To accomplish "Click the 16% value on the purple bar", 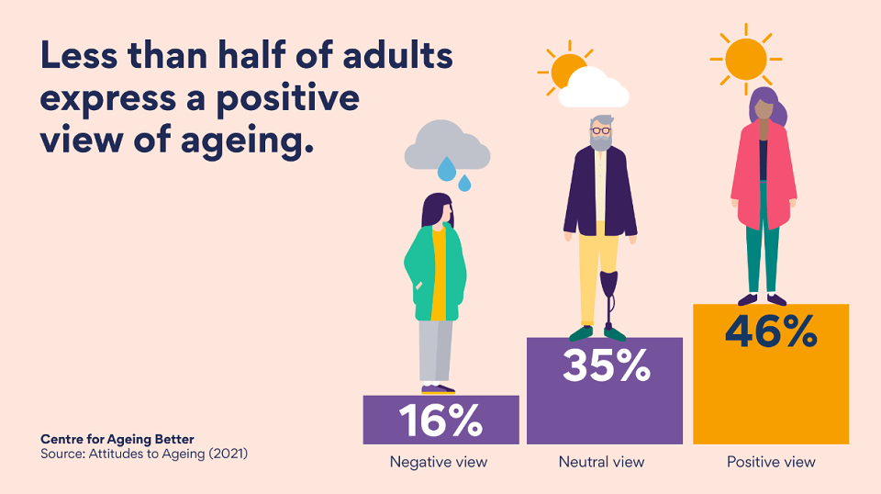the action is [441, 421].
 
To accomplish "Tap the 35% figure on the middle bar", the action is [607, 365].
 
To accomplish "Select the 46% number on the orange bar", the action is [771, 331].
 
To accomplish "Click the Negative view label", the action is [439, 462].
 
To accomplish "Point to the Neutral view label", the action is [601, 462].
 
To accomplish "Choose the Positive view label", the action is [771, 462].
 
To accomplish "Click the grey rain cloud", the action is [447, 145].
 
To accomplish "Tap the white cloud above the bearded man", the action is [594, 88].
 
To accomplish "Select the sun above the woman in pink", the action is [745, 59].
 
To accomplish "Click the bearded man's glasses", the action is [600, 131].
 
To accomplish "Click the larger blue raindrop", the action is [447, 169].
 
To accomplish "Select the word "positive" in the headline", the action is [287, 99].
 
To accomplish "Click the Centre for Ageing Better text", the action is [117, 439].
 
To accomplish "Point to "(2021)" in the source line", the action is [229, 453].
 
